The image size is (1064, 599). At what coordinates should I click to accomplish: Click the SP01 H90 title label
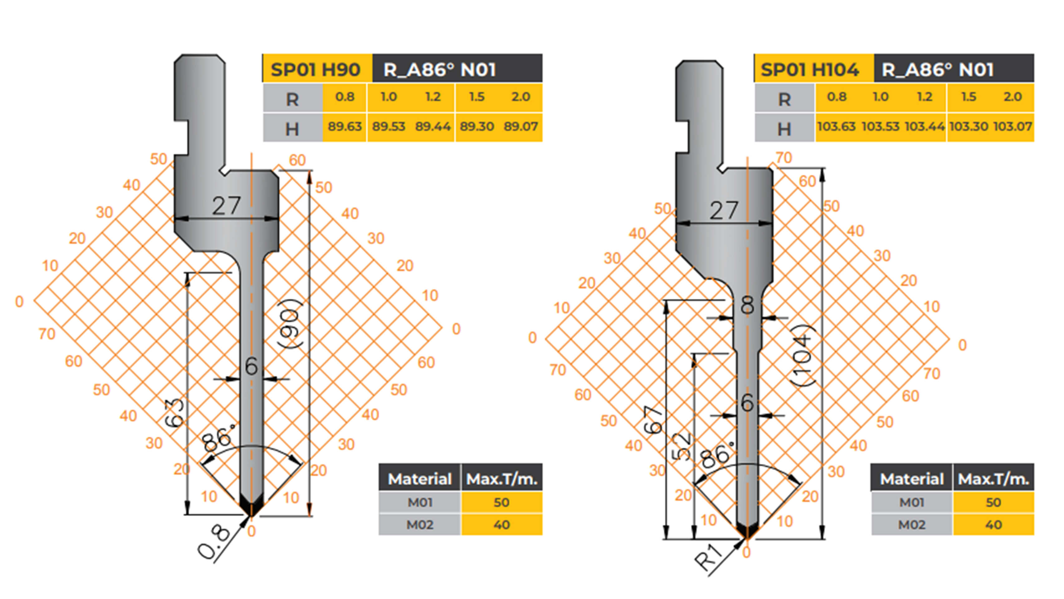tap(316, 69)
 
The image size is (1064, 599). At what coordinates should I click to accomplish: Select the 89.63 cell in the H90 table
tap(345, 126)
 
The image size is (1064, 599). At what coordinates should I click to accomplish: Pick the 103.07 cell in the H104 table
tap(1013, 126)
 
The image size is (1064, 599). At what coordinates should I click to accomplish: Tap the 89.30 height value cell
tap(477, 126)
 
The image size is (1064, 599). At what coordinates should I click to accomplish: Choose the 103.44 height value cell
tap(924, 126)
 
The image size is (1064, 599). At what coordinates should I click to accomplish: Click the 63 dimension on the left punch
tap(175, 413)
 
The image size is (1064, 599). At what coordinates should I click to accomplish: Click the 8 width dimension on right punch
tap(747, 305)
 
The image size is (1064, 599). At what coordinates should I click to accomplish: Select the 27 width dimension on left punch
tap(226, 206)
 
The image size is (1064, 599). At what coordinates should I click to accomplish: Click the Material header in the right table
tap(912, 479)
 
